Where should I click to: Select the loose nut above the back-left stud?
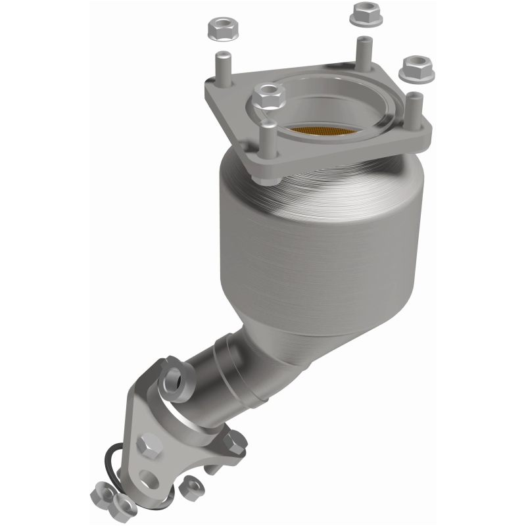[x=218, y=28]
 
